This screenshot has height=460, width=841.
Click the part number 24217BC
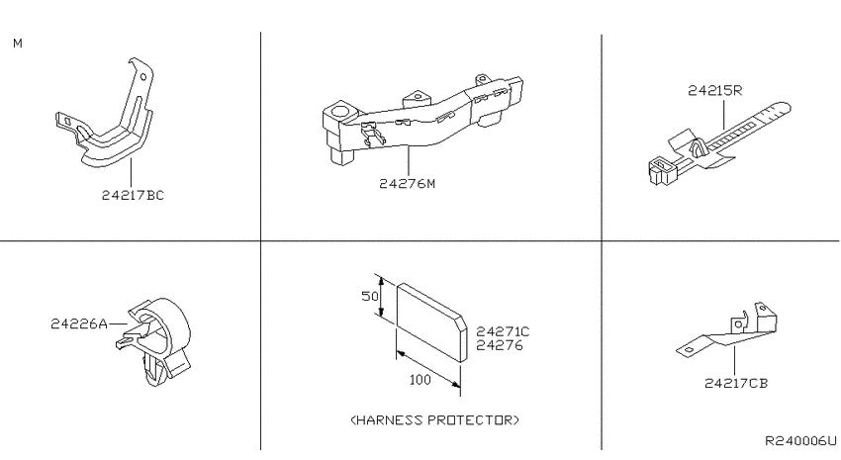(133, 195)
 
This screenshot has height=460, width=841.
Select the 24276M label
(407, 184)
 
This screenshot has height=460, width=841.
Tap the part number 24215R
(715, 91)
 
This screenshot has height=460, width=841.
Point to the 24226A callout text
(79, 323)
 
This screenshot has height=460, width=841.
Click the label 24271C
(503, 331)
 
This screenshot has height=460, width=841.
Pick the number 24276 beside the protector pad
(499, 345)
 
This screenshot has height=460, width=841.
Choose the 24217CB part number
(736, 384)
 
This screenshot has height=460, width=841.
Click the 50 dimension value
(370, 296)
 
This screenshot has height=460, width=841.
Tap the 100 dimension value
(420, 380)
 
